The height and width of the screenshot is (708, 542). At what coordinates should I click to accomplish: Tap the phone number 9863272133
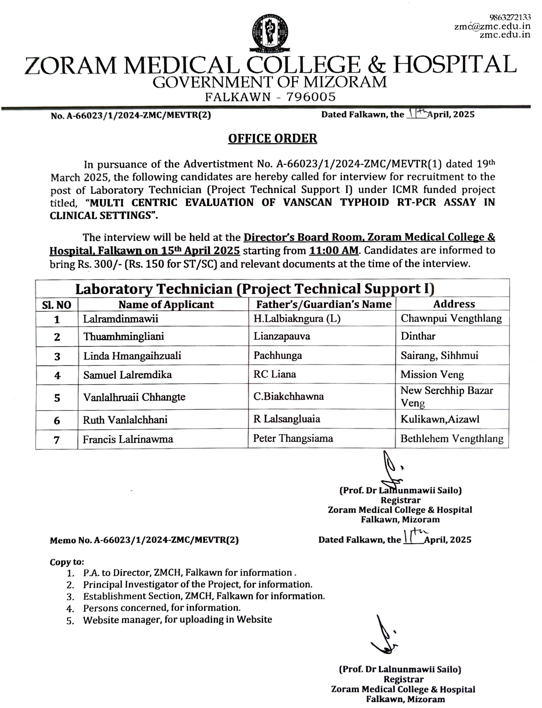(x=510, y=17)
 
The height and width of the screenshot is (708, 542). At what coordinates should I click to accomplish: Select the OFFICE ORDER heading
(x=273, y=139)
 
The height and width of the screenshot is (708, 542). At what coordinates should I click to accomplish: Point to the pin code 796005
(x=311, y=97)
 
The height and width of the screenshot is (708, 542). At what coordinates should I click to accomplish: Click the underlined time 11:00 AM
(x=333, y=250)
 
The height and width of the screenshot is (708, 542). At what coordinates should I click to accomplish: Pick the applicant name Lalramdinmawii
(x=121, y=319)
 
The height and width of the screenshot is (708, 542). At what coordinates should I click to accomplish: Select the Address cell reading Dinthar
(x=418, y=336)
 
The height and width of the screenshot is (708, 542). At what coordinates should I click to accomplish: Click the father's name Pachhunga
(x=277, y=356)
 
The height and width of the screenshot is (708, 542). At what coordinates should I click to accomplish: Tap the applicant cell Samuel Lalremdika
(x=127, y=375)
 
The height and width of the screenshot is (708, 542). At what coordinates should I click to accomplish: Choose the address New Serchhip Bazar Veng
(x=447, y=397)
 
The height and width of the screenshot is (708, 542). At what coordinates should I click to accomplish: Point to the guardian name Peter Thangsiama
(x=293, y=438)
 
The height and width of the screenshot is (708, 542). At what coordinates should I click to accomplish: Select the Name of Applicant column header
(x=166, y=305)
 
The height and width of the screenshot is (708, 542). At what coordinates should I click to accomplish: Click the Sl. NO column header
(x=57, y=305)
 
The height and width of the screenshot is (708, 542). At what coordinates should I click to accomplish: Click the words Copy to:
(x=67, y=562)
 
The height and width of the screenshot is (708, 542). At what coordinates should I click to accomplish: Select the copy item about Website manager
(x=177, y=620)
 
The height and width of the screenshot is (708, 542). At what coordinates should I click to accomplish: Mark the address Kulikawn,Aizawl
(x=440, y=419)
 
